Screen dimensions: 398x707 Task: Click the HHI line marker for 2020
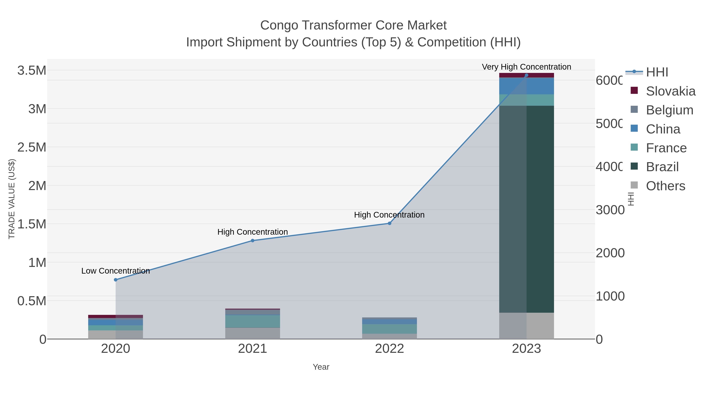[x=115, y=280]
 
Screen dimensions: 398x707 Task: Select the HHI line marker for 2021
[x=253, y=240]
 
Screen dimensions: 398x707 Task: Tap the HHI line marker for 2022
[x=389, y=223]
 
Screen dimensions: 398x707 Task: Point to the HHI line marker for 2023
[x=526, y=75]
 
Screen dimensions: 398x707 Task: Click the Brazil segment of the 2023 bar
[x=526, y=209]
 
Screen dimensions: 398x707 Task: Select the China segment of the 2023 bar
[x=526, y=86]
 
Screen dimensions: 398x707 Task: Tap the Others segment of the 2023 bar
[x=526, y=325]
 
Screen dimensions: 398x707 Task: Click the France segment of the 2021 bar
[x=253, y=321]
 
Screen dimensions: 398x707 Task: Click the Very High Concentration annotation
[x=526, y=67]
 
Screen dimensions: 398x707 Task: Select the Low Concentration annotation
[x=115, y=271]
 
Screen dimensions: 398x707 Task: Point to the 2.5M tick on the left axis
[x=32, y=147]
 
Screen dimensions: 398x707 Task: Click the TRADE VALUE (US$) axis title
[x=12, y=199]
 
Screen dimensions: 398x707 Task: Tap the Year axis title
[x=321, y=367]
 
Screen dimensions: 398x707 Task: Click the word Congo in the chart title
[x=279, y=25]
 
